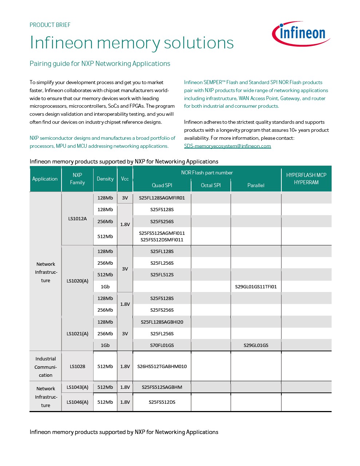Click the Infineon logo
(301, 33)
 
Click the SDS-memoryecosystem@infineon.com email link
(227, 146)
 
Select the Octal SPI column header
(211, 185)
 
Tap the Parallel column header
(256, 185)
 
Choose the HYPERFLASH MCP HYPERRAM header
(306, 179)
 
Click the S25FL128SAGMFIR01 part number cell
(162, 198)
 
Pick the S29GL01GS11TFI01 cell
(256, 287)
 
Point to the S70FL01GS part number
(162, 345)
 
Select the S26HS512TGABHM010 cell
(162, 366)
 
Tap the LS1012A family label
(78, 218)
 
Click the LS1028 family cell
(78, 366)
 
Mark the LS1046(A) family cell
(78, 402)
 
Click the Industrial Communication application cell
(46, 367)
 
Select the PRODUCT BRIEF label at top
(50, 25)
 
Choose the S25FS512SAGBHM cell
(162, 387)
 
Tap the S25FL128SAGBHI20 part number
(162, 322)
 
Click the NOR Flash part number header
(207, 173)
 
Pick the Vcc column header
(125, 179)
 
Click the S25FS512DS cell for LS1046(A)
(162, 402)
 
